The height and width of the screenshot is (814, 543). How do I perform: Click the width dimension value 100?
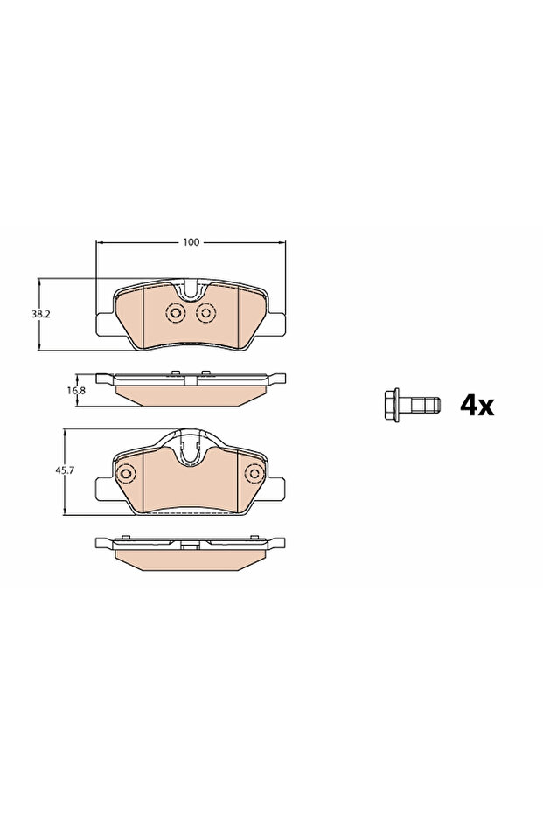191,241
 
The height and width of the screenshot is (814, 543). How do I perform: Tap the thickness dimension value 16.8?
79,391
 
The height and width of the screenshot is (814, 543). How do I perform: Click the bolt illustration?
408,405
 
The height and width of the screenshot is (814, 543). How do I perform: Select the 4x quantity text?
477,405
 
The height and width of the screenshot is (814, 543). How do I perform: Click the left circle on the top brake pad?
174,314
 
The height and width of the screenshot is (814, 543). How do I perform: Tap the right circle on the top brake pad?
206,314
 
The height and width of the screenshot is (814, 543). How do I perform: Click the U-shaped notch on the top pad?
191,289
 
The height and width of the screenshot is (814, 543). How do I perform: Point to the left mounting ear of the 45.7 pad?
102,486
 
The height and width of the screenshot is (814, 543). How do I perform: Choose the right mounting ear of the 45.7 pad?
278,486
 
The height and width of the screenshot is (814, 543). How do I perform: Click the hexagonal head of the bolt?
393,405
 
